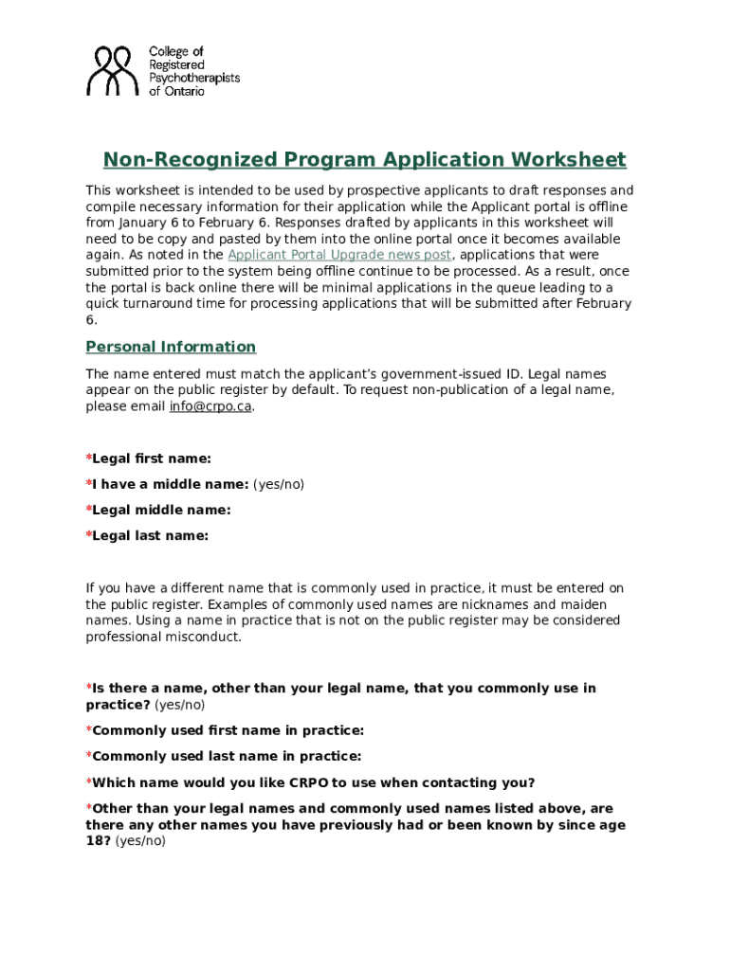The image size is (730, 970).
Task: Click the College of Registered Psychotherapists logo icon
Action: coord(112,71)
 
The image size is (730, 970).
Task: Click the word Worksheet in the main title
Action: coord(569,159)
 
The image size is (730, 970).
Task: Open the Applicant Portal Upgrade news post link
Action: coord(339,255)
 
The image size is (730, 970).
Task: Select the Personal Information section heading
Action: coord(171,347)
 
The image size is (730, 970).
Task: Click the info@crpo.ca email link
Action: coord(210,406)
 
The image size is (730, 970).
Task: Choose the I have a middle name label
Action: coord(170,484)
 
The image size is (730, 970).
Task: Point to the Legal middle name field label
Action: coord(160,510)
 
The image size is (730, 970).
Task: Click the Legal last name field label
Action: coord(150,535)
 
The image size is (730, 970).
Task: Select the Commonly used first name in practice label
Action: coord(228,730)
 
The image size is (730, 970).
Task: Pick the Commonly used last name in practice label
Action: coord(227,756)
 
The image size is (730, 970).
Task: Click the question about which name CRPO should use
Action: coord(312,782)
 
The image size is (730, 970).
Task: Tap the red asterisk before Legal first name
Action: coord(89,458)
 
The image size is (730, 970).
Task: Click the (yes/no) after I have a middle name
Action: coord(279,484)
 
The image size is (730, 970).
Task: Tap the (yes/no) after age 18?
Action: coord(140,840)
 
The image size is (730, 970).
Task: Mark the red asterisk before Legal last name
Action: coord(89,535)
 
